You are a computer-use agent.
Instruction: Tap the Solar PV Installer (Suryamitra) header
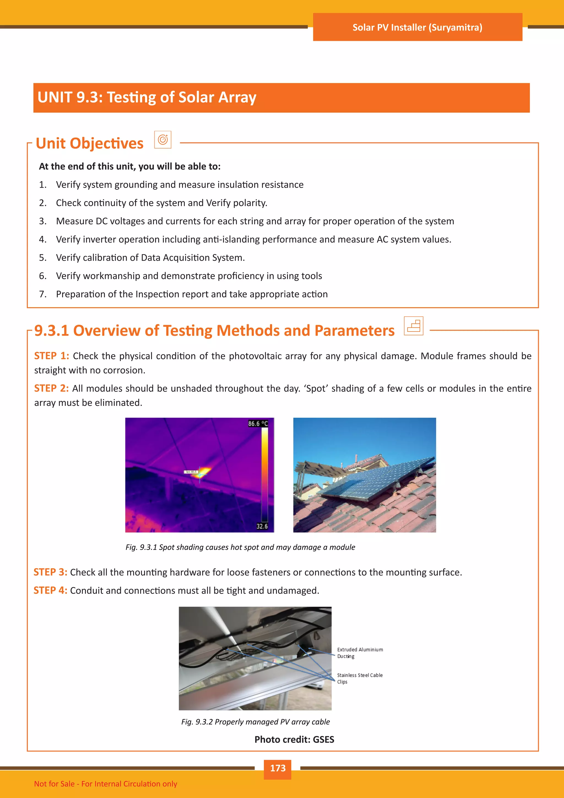417,28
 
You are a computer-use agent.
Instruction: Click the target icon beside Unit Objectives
162,140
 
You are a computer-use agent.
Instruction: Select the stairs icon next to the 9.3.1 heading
413,326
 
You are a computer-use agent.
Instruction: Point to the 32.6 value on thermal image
262,526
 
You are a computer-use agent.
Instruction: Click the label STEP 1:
51,356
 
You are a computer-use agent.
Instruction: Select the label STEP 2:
51,388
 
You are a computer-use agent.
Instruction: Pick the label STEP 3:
50,572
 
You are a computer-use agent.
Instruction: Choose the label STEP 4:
50,591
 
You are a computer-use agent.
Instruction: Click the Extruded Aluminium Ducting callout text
360,653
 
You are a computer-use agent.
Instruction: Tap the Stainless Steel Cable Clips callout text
359,678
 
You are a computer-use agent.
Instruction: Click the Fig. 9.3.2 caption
255,722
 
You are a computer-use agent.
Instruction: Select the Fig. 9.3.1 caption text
240,547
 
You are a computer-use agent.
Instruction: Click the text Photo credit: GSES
294,740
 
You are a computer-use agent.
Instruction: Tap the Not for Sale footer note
105,784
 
